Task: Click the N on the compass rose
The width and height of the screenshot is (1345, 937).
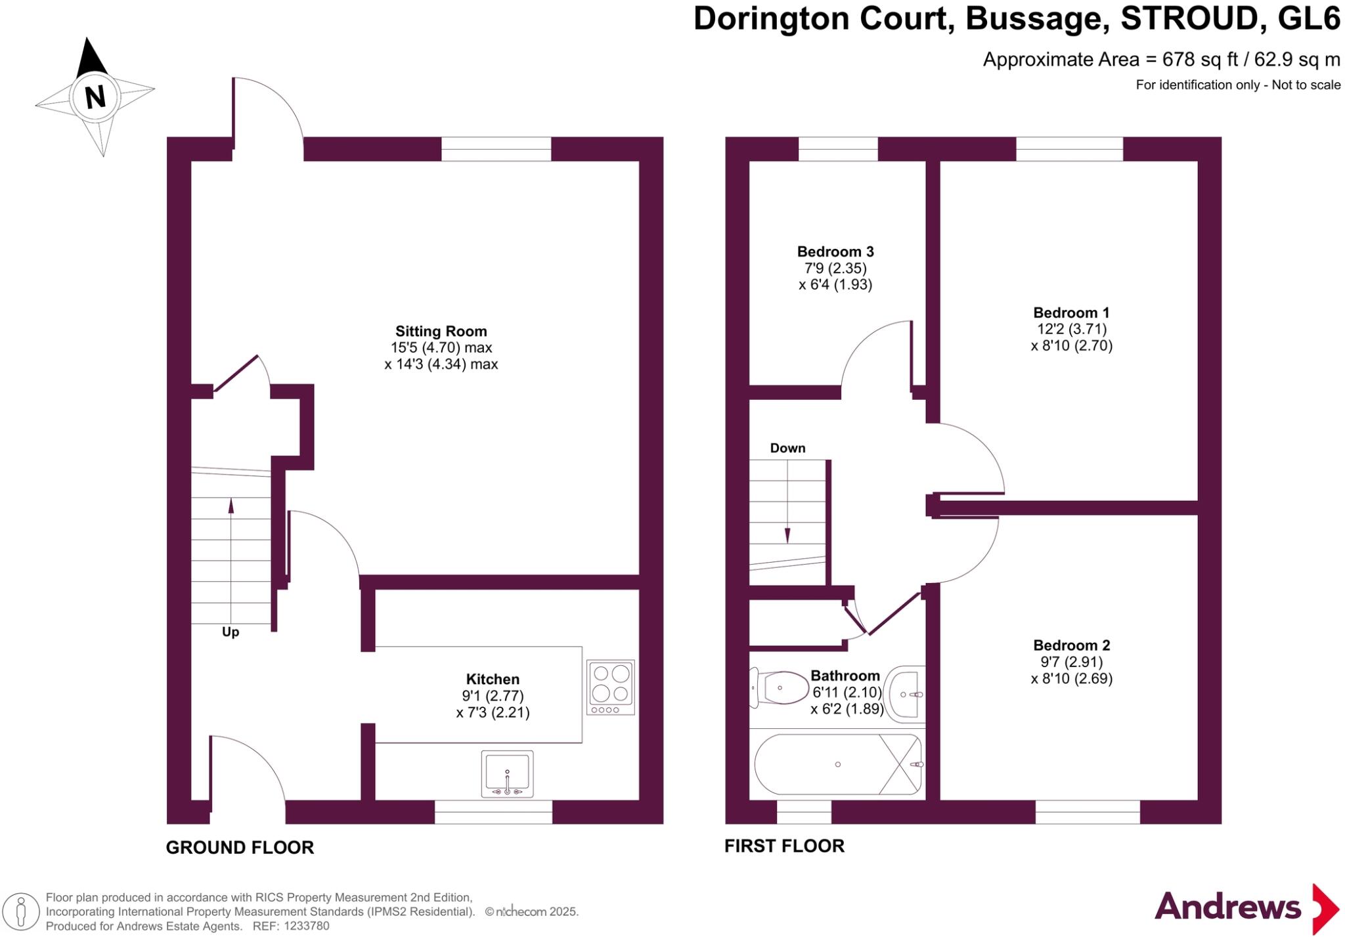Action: coord(95,97)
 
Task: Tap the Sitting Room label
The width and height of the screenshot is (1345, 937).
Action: coord(441,332)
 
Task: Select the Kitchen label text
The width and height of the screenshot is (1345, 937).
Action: coord(493,679)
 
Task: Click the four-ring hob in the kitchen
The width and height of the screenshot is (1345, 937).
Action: coord(611,687)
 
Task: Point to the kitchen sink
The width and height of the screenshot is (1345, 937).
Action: coord(507,774)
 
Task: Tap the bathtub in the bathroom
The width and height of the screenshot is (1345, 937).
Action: coord(838,764)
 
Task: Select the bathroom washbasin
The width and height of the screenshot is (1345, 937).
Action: coord(906,693)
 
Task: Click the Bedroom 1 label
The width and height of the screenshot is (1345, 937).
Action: coord(1071,313)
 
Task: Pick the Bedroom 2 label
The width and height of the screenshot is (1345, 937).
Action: coord(1071,645)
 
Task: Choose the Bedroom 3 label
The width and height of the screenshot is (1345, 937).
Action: coord(835,251)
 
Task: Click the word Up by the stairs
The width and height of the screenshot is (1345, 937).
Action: coord(231,632)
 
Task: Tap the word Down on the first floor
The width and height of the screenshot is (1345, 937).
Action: coord(787,448)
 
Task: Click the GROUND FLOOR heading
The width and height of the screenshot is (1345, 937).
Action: coord(240,847)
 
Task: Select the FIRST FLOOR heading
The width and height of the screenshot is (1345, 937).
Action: coord(784,846)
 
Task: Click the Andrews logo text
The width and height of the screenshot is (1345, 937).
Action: coord(1227,907)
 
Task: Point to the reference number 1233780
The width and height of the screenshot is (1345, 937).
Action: coord(305,926)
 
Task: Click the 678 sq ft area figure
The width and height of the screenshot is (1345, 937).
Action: coord(1200,60)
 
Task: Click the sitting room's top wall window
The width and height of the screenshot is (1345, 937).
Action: coord(496,149)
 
